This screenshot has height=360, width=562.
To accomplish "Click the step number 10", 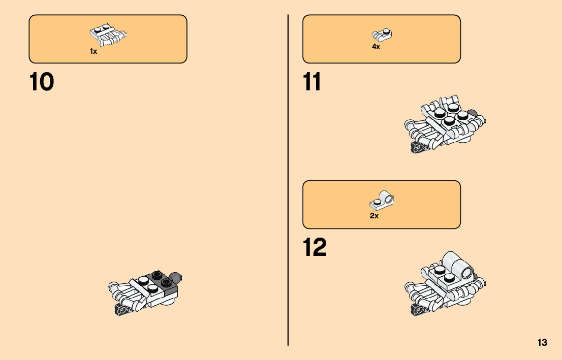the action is (42, 82).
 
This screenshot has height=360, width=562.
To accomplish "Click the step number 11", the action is (312, 82).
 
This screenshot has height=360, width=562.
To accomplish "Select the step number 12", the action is (315, 248).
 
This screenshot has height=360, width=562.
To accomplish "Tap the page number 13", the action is (542, 342).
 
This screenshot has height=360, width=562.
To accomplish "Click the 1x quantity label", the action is (93, 51).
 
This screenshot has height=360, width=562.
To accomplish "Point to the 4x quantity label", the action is (376, 47).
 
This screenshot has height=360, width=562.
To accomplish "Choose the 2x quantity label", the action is (374, 216).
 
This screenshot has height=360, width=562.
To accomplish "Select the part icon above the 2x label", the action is (382, 201).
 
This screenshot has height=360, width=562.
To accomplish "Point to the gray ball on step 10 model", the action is (176, 277).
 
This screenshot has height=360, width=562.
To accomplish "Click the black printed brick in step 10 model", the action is (122, 310).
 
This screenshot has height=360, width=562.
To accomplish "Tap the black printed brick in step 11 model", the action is (418, 149).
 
